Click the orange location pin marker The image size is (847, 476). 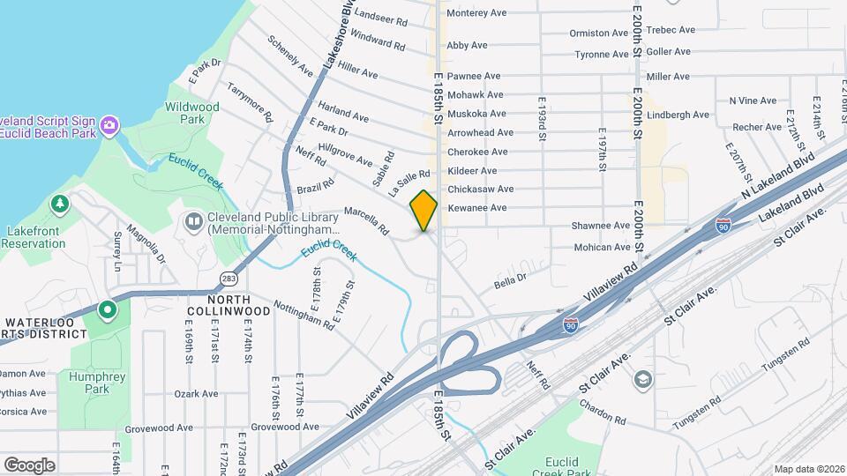(423, 210)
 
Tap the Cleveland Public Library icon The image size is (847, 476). (193, 220)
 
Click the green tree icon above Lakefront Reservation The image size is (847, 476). (59, 205)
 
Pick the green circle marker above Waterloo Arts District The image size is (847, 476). (107, 309)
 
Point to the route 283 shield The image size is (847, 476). (229, 279)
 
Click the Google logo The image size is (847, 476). (29, 465)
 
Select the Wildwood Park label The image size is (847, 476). (191, 113)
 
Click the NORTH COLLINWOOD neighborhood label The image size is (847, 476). (229, 311)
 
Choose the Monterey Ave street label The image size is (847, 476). (476, 13)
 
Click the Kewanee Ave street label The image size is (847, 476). (477, 207)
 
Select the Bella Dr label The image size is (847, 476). (509, 278)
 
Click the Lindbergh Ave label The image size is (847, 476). (678, 115)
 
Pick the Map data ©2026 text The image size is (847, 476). (807, 469)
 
